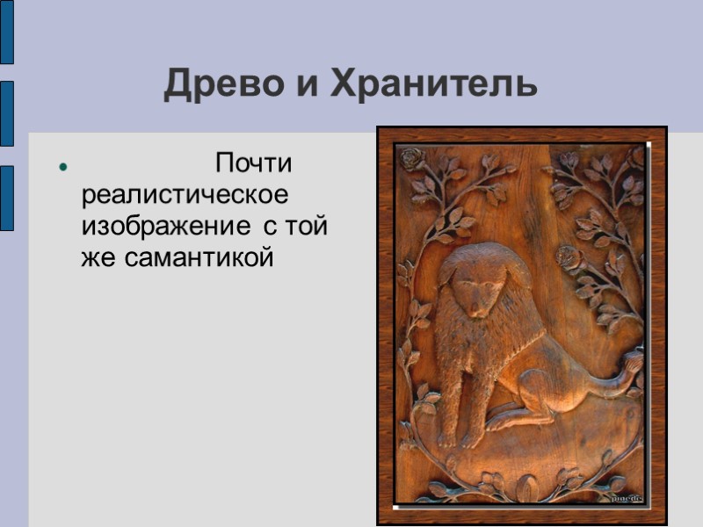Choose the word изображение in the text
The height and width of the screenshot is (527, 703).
(165, 227)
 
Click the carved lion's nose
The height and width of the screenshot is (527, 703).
(475, 309)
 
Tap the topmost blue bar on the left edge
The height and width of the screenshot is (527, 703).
(6, 32)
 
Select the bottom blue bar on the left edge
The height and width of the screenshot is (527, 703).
(6, 198)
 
